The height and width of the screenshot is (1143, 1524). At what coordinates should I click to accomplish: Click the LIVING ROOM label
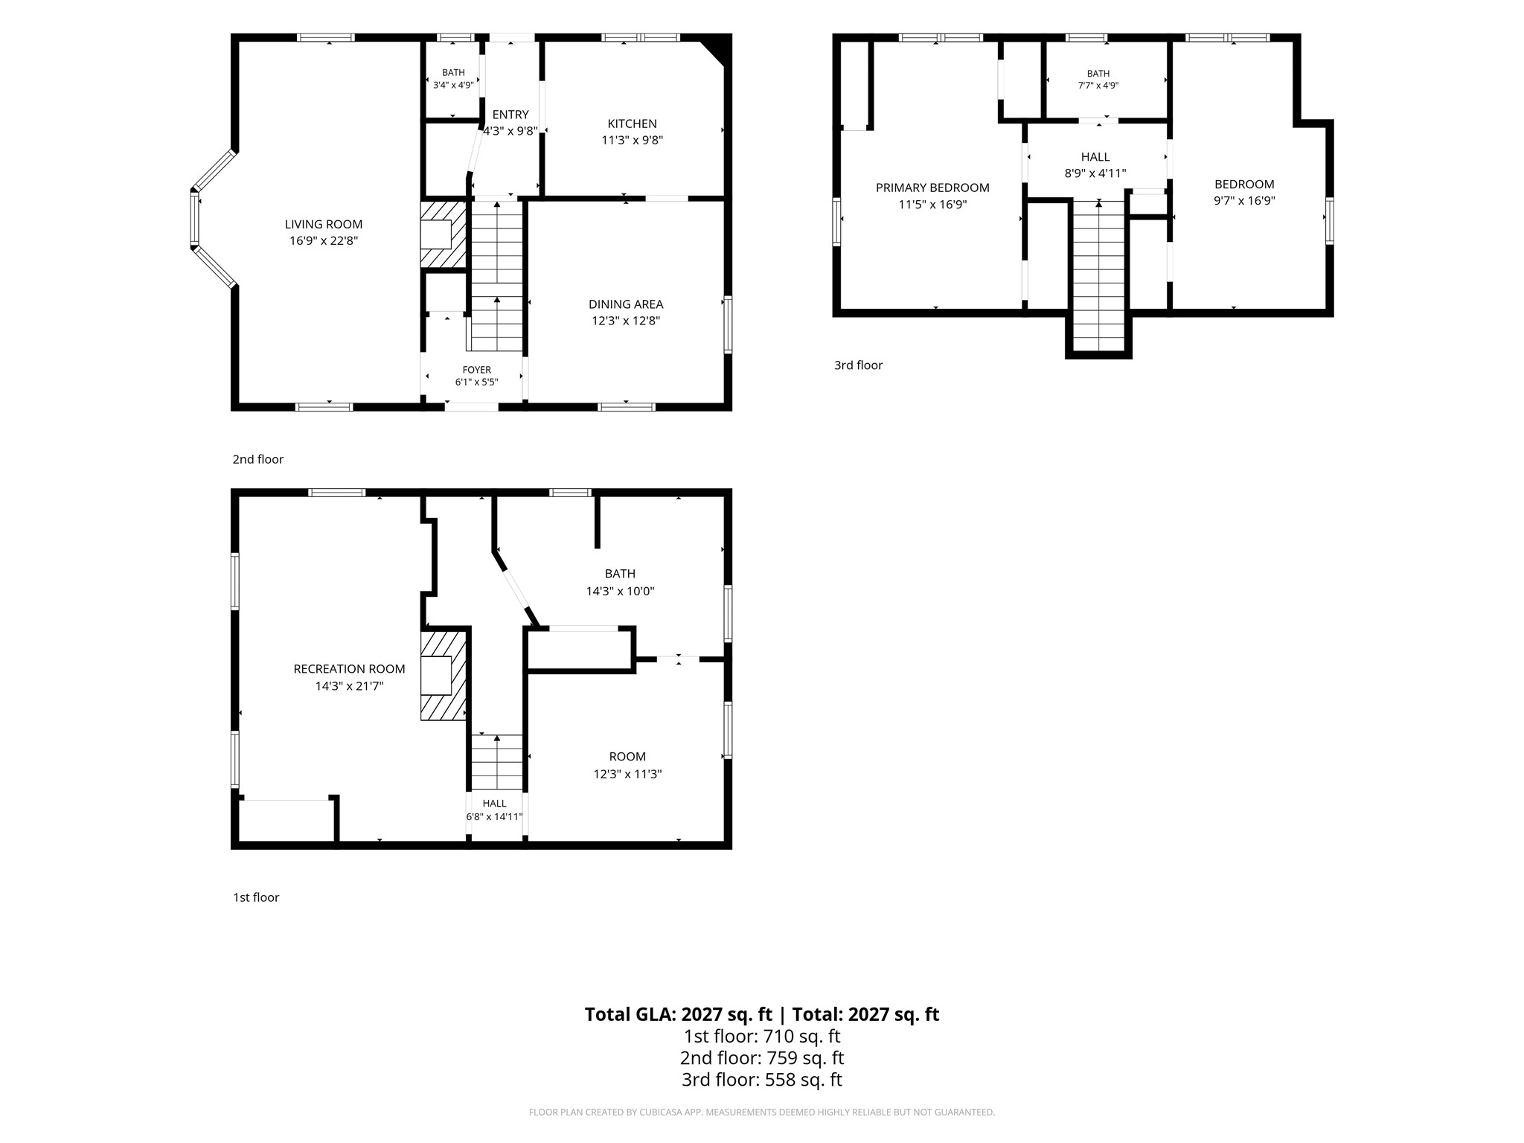pyautogui.click(x=324, y=224)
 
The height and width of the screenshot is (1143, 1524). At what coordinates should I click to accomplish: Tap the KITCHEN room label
pyautogui.click(x=632, y=124)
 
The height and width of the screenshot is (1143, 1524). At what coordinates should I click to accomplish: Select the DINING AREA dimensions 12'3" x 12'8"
pyautogui.click(x=626, y=321)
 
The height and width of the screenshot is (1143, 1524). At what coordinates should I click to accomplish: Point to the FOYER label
pyautogui.click(x=477, y=370)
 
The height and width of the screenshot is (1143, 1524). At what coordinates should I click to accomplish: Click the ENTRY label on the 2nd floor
pyautogui.click(x=510, y=115)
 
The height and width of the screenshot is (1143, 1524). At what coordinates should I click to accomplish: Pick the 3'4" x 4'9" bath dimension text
pyautogui.click(x=453, y=85)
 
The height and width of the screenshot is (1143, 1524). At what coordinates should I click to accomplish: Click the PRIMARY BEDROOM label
pyautogui.click(x=932, y=188)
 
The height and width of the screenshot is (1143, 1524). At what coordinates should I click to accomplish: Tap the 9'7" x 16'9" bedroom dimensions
pyautogui.click(x=1244, y=200)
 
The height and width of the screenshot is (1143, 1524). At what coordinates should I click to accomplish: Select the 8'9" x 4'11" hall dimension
pyautogui.click(x=1095, y=173)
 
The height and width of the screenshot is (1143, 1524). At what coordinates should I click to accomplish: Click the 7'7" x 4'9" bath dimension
pyautogui.click(x=1098, y=85)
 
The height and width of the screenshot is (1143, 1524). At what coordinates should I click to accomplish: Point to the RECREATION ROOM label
pyautogui.click(x=349, y=669)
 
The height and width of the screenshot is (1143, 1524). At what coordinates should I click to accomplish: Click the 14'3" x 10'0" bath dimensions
pyautogui.click(x=620, y=592)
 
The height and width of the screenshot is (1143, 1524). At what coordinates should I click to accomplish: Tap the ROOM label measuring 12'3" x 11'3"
pyautogui.click(x=627, y=757)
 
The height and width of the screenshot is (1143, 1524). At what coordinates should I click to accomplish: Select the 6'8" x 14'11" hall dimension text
pyautogui.click(x=494, y=816)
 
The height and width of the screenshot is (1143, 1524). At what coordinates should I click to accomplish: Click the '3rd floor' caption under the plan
pyautogui.click(x=858, y=365)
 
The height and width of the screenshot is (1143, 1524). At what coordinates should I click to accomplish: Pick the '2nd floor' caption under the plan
pyautogui.click(x=257, y=459)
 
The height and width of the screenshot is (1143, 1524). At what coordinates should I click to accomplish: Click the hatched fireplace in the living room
pyautogui.click(x=444, y=234)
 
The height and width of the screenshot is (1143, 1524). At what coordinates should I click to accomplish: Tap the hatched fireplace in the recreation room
pyautogui.click(x=444, y=676)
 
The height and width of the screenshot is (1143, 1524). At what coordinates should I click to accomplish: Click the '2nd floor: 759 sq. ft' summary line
pyautogui.click(x=762, y=1057)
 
